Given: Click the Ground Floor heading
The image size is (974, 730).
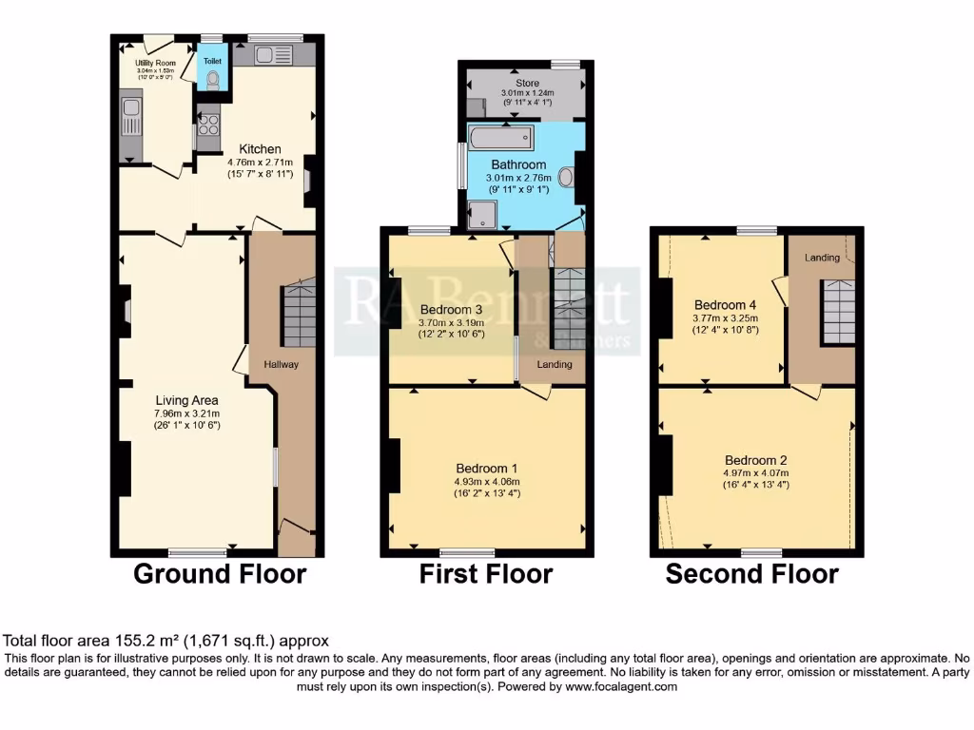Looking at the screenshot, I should pyautogui.click(x=220, y=574).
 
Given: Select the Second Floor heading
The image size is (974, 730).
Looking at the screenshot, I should pyautogui.click(x=751, y=574).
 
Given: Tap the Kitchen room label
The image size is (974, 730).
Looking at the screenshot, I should pyautogui.click(x=260, y=149).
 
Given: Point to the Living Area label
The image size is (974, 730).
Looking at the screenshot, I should pyautogui.click(x=187, y=400).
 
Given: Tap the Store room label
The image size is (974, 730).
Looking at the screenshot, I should pyautogui.click(x=527, y=84).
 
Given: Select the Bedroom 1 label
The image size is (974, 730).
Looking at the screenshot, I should pyautogui.click(x=486, y=469).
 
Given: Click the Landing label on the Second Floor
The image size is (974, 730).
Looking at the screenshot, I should pyautogui.click(x=822, y=258).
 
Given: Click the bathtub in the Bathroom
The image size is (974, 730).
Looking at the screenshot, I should pyautogui.click(x=500, y=142).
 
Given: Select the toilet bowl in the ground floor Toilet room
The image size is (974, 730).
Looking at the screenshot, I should pyautogui.click(x=213, y=80).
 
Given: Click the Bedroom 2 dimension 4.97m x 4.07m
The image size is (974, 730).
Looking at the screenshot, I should pyautogui.click(x=756, y=473).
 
